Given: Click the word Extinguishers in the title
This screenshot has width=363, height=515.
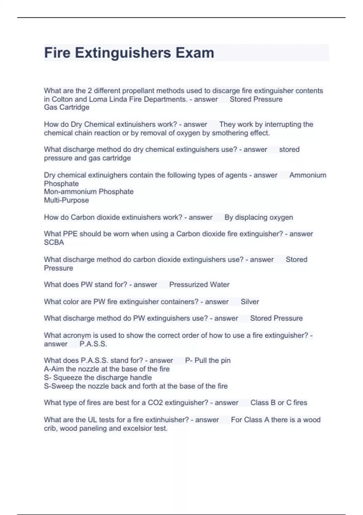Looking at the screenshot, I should click(123, 53).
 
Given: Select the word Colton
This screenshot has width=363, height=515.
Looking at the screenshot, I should click(62, 99).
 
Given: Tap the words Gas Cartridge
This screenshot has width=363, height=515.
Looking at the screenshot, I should click(67, 107).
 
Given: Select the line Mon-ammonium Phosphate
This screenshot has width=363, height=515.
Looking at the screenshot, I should click(89, 192).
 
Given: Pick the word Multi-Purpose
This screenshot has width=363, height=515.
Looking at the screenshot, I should click(66, 200).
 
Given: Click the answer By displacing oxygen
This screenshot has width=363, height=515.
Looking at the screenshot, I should click(259, 218).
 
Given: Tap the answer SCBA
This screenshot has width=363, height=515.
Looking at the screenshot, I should click(54, 243).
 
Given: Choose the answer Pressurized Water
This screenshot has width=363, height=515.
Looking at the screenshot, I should click(199, 285).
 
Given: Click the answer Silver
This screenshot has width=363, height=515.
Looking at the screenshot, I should click(250, 302).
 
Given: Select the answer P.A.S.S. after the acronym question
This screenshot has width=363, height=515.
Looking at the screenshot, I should click(93, 344).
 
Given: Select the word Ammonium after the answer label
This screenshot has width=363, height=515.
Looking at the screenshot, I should click(308, 175).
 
